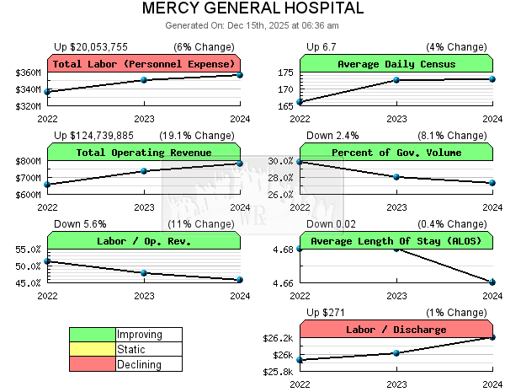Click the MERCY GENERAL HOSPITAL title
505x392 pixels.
tap(252, 8)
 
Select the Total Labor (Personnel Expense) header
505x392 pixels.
tap(144, 64)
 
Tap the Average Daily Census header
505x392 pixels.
tap(396, 64)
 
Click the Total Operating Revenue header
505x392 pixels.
tap(144, 153)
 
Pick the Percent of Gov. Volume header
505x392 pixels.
tap(396, 153)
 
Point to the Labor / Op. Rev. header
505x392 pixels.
tap(144, 241)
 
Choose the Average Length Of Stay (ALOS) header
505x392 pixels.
tap(396, 241)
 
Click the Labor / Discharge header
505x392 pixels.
tap(396, 330)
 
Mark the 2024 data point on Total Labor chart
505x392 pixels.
tap(240, 75)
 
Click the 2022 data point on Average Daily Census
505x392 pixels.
tap(300, 102)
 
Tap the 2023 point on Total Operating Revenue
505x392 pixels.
tap(144, 171)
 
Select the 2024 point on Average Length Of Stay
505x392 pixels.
tap(492, 282)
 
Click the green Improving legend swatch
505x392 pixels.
tap(93, 335)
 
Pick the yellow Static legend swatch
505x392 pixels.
tap(93, 349)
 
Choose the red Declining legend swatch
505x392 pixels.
tap(93, 364)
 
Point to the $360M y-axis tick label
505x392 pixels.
tap(29, 73)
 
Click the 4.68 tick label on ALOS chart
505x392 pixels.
tap(282, 250)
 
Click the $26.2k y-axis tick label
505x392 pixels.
tap(279, 338)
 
